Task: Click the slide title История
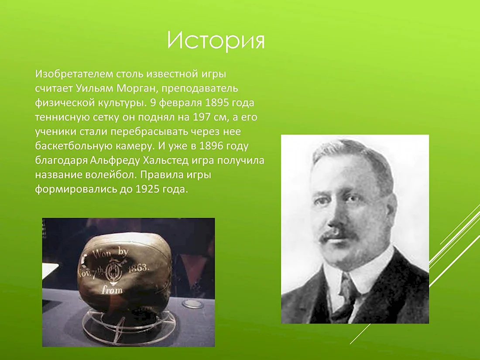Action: pos(216,40)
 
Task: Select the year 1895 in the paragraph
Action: pos(217,103)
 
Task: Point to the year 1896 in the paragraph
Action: pos(211,146)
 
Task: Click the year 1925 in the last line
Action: pos(148,189)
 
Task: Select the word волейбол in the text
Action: pos(111,175)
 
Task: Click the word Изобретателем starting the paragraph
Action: pos(74,74)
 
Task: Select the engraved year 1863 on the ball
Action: pos(139,268)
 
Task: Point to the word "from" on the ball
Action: pos(112,289)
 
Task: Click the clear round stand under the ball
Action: pos(129,325)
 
